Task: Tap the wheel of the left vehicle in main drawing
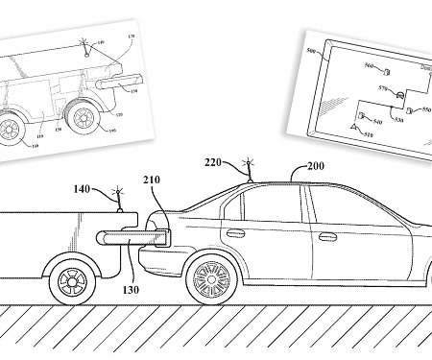tap(71, 280)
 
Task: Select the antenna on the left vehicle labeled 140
tap(119, 198)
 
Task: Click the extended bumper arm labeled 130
tap(120, 234)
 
